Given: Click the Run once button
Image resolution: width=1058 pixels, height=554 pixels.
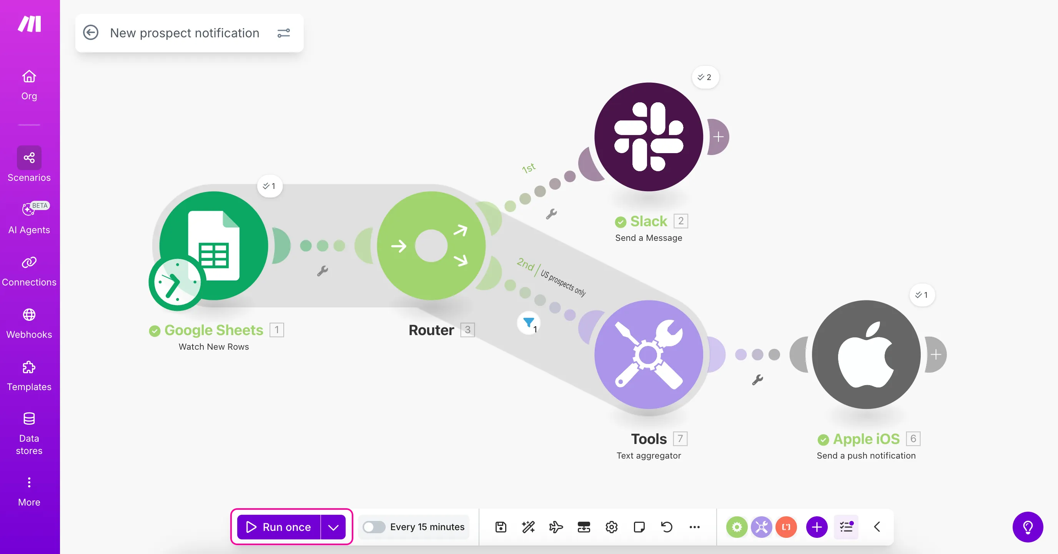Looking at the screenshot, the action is [x=279, y=527].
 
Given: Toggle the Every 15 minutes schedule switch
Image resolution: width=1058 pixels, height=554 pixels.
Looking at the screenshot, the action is [x=374, y=527].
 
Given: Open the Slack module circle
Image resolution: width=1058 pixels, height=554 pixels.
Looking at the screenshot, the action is [x=649, y=137].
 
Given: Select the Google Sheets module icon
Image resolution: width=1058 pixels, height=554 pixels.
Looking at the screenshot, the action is [x=214, y=245].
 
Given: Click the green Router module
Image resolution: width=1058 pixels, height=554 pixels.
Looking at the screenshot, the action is [x=431, y=245].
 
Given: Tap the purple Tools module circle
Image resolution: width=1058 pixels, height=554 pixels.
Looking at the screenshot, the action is [x=649, y=354].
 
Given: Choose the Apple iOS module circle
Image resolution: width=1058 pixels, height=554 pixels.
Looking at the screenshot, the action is [x=866, y=354].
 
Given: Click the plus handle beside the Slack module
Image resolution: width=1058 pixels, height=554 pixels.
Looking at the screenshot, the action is [x=718, y=137].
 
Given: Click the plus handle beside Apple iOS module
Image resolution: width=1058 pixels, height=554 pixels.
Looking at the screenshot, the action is [x=936, y=354].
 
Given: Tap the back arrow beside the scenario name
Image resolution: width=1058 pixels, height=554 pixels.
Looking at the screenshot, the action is [x=91, y=32].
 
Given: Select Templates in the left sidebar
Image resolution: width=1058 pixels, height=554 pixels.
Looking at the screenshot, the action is [x=29, y=375].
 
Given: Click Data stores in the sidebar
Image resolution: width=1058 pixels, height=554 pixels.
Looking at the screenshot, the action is [x=29, y=433].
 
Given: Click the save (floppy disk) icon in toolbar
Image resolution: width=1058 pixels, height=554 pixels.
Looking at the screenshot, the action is [x=501, y=527].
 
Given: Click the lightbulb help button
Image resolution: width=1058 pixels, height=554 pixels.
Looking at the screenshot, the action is [x=1028, y=527].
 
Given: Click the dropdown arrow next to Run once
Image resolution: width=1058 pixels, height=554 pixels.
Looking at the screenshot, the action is [x=333, y=527].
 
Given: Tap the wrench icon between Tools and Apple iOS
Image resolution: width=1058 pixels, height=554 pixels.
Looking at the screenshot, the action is [x=757, y=379].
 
